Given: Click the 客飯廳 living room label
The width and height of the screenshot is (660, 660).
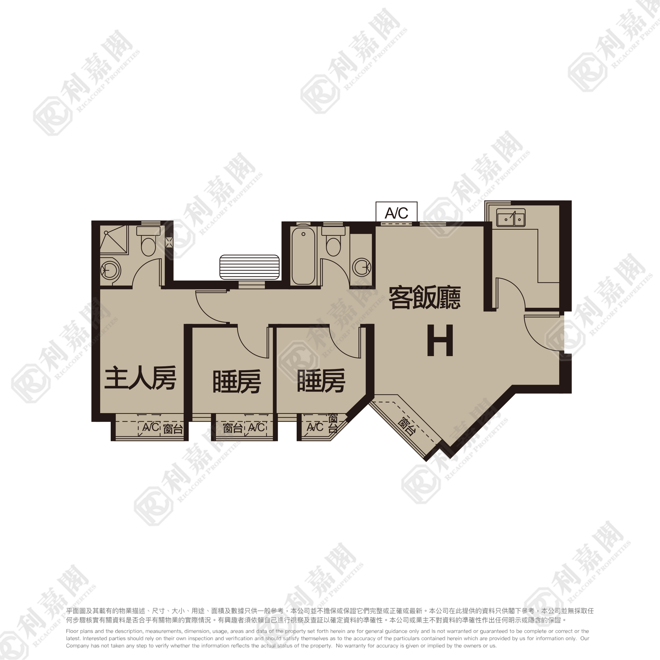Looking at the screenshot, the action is tap(424, 298).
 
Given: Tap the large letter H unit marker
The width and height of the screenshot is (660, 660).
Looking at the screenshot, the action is tap(440, 340).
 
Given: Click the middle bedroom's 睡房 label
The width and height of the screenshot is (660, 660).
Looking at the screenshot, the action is tap(237, 381).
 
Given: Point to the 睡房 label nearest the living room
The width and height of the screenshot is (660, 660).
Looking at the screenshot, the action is tap(321, 381).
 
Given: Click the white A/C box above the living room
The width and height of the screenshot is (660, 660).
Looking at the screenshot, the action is tap(396, 212).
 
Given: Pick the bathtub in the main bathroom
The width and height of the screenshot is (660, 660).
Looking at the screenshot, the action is tap(303, 256).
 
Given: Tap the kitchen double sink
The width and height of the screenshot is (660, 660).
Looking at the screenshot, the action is tap(511, 217).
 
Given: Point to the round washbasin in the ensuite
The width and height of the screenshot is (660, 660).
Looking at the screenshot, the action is tap(110, 271).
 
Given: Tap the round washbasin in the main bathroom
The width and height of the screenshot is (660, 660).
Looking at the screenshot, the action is tap(362, 267).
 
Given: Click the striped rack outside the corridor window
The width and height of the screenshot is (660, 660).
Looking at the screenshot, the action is tap(249, 267).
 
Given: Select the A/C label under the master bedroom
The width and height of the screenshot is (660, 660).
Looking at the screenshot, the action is tap(151, 427).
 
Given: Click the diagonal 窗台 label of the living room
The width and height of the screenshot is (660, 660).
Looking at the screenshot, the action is tap(406, 426).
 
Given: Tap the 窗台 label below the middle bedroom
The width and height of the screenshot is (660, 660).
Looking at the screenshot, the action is tap(232, 428).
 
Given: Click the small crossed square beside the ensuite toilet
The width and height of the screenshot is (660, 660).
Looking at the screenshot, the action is tap(169, 242).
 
